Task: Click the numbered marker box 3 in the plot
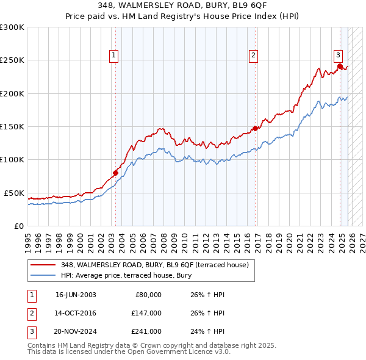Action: (338, 54)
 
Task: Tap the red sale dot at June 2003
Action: (115, 173)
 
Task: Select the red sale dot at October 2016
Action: (256, 128)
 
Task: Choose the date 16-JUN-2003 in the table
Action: (76, 295)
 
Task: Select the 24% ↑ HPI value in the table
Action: (204, 331)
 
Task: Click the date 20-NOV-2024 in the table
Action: (76, 331)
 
